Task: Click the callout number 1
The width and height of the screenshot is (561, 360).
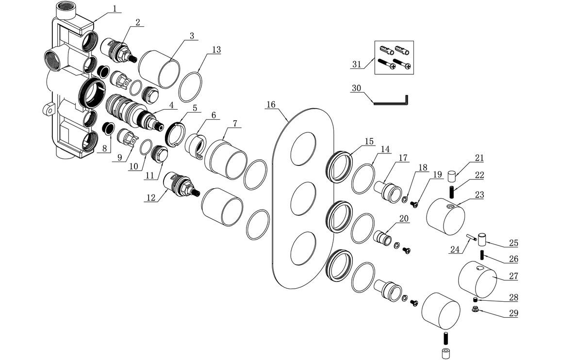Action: pyautogui.click(x=115, y=8)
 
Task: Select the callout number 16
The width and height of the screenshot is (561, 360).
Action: pyautogui.click(x=271, y=105)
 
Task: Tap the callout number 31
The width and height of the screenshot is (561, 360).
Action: pyautogui.click(x=357, y=64)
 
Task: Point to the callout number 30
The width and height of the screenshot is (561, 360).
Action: pyautogui.click(x=357, y=88)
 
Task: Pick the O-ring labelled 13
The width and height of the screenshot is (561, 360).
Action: pyautogui.click(x=192, y=86)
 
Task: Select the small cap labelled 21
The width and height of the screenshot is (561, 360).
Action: pyautogui.click(x=452, y=175)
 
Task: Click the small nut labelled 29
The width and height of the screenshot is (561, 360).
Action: pyautogui.click(x=476, y=309)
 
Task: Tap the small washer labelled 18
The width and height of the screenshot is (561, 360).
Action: pyautogui.click(x=404, y=198)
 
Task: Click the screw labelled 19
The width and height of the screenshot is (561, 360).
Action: pyautogui.click(x=414, y=203)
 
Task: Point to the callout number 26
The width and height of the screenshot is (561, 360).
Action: pyautogui.click(x=513, y=259)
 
